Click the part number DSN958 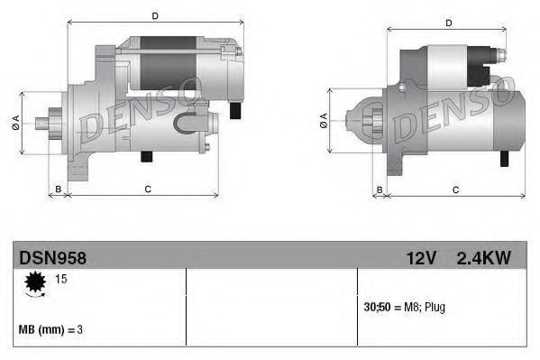tap(52, 258)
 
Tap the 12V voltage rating tap(422, 258)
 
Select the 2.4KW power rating tap(483, 258)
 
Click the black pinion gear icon tap(35, 282)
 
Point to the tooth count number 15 tap(61, 279)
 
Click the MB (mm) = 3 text tap(50, 330)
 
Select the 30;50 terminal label tap(377, 307)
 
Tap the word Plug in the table tap(435, 308)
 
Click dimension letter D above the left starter tap(155, 16)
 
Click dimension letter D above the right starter tap(448, 23)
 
